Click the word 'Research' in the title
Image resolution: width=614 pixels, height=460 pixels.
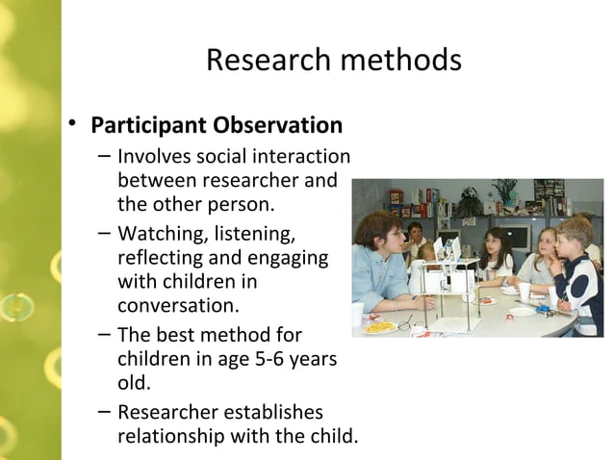click(264, 61)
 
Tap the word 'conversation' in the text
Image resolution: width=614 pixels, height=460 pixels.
click(175, 306)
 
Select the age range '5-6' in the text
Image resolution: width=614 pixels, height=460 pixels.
click(253, 360)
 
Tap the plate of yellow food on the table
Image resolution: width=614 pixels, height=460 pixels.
click(381, 327)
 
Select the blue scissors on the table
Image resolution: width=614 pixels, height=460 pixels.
click(545, 311)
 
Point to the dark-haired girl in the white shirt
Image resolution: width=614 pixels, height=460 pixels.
click(497, 252)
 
